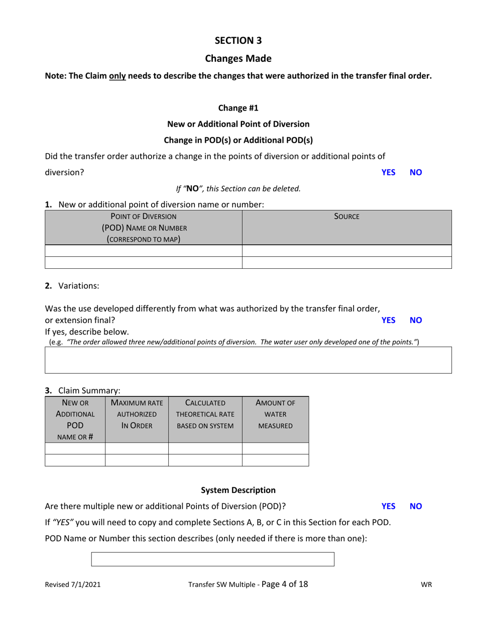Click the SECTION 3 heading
[x=238, y=40]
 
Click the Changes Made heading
[x=238, y=58]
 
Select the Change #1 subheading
[x=238, y=108]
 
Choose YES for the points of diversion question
[x=388, y=172]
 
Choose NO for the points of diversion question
[x=416, y=172]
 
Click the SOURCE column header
[x=346, y=217]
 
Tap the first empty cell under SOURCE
[x=346, y=251]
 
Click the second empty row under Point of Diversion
[x=144, y=262]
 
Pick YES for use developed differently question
[x=388, y=320]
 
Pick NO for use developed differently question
[x=416, y=320]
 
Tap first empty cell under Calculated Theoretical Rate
[x=205, y=448]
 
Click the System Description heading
[x=238, y=490]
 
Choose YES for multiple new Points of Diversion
[x=388, y=506]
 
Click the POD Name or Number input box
[x=212, y=559]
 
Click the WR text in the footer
[x=426, y=584]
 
